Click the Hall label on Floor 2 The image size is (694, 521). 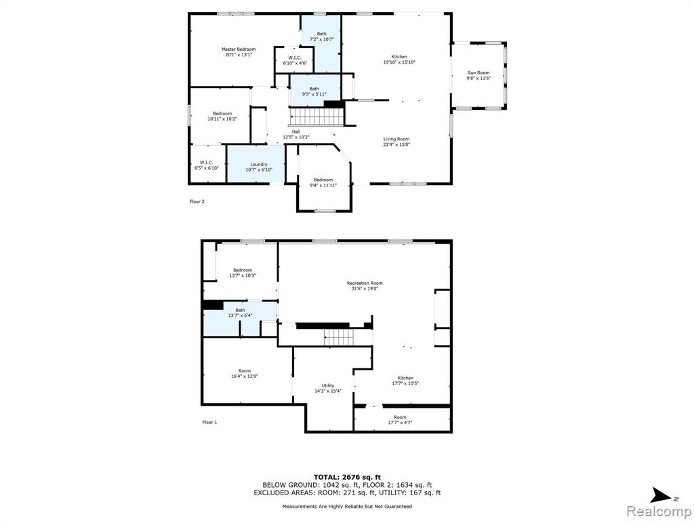click(296, 132)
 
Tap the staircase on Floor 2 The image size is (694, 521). click(317, 117)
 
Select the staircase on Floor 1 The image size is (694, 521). click(339, 338)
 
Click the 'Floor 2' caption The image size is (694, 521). click(197, 201)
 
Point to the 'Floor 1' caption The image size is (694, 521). click(209, 422)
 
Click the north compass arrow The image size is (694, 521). click(661, 495)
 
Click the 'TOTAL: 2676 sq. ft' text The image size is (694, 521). click(347, 477)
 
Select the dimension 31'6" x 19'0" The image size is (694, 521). click(365, 288)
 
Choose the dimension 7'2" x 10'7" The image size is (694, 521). click(321, 39)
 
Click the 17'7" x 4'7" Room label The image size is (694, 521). click(400, 419)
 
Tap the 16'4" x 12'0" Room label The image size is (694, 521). click(244, 374)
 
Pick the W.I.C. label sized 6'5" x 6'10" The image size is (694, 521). click(206, 166)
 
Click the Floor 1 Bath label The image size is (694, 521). click(240, 310)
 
